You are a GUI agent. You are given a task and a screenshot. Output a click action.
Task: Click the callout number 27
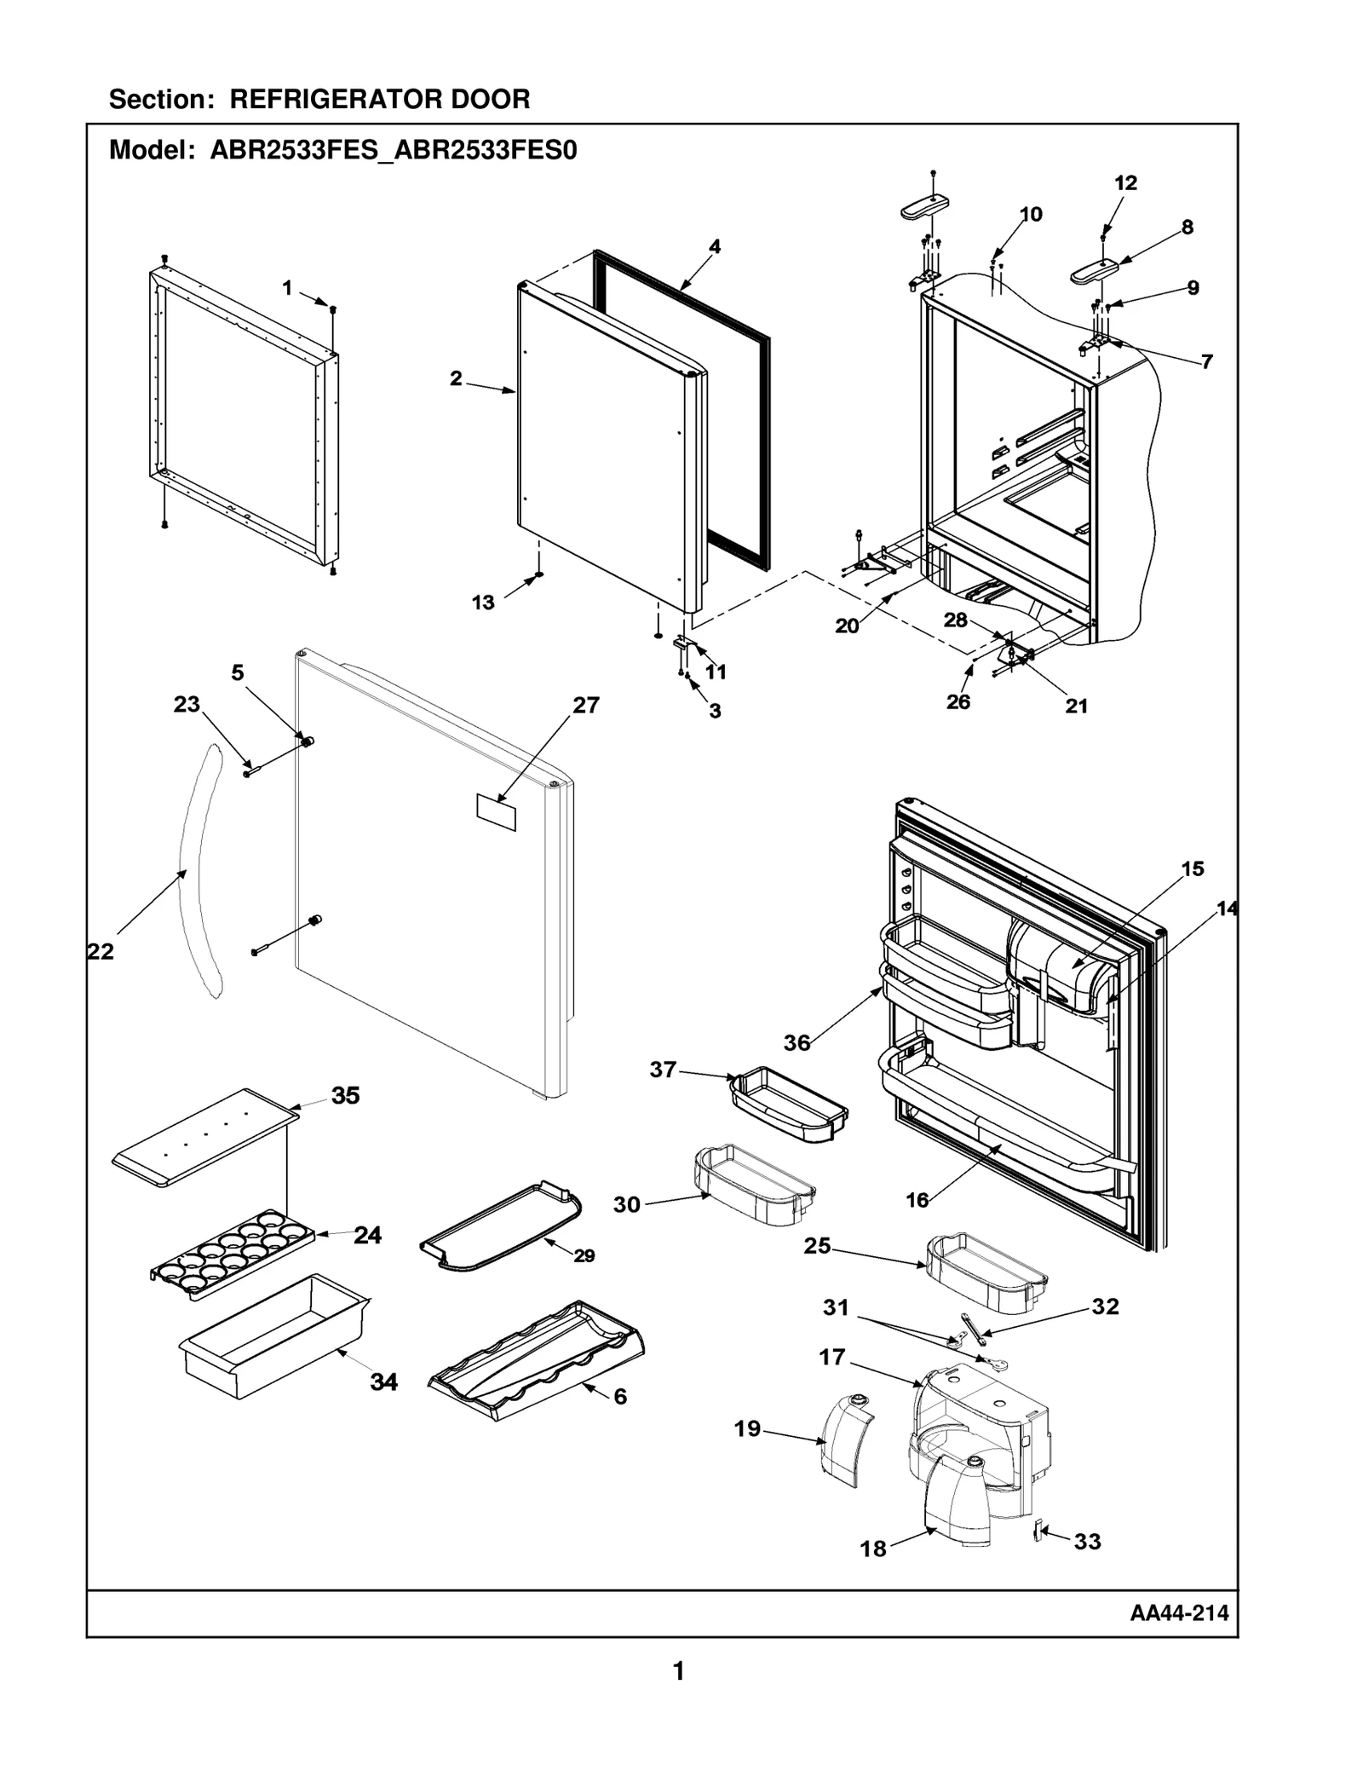pos(586,705)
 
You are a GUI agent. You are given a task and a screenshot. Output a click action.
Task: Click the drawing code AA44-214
pos(1179,1612)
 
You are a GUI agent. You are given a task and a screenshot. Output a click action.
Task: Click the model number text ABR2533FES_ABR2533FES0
pos(393,151)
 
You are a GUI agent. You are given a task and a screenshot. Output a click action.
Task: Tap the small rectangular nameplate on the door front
pos(496,812)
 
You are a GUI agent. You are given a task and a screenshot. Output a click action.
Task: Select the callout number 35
pos(345,1095)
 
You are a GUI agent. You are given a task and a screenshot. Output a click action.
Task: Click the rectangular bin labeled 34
pos(273,1336)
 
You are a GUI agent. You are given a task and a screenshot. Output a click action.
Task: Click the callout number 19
pos(747,1428)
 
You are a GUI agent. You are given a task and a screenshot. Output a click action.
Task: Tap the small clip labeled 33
pos(1037,1531)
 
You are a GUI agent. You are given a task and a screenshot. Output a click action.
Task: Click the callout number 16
pos(917,1200)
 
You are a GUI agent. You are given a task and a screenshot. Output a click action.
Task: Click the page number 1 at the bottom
pos(678,1671)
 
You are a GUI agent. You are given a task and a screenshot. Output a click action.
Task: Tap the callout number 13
pos(483,603)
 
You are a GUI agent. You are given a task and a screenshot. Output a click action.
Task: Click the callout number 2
pos(456,378)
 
